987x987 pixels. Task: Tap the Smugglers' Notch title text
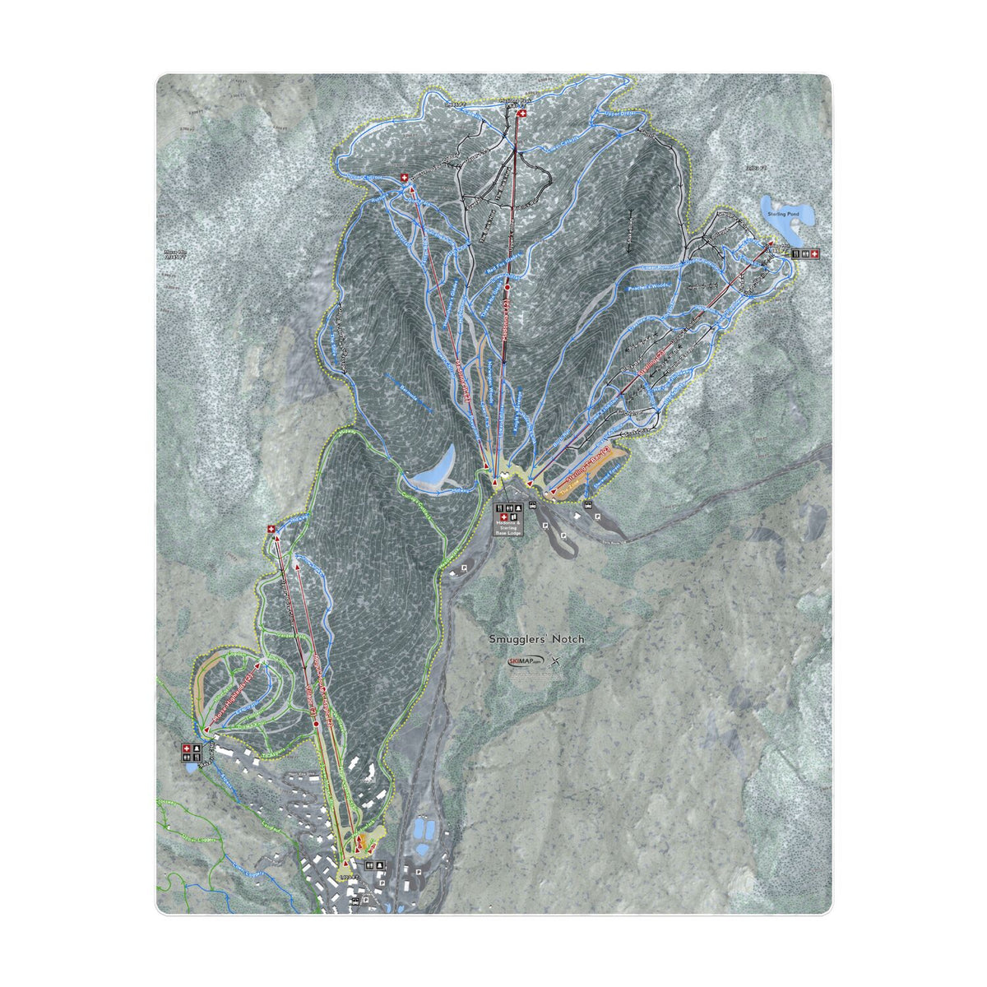537,638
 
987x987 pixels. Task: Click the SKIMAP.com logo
526,661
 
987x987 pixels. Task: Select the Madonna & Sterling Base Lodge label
507,526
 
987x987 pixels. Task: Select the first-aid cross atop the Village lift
272,531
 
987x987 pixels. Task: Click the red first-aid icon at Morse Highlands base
187,748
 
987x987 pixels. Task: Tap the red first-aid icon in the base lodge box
503,517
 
